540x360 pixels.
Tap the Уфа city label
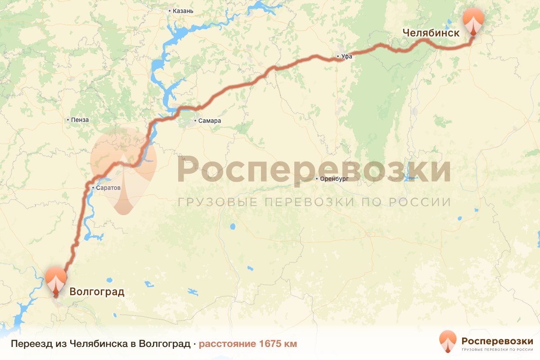point(347,57)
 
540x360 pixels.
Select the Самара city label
point(210,121)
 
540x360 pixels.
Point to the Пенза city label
point(80,120)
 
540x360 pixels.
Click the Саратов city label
point(108,188)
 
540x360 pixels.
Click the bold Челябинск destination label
point(431,33)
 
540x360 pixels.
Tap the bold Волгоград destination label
point(97,292)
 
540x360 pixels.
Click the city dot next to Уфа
point(338,57)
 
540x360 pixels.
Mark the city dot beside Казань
point(169,10)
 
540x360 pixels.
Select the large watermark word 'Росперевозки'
point(314,170)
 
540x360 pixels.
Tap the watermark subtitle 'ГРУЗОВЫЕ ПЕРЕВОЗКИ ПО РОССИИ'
point(314,202)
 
